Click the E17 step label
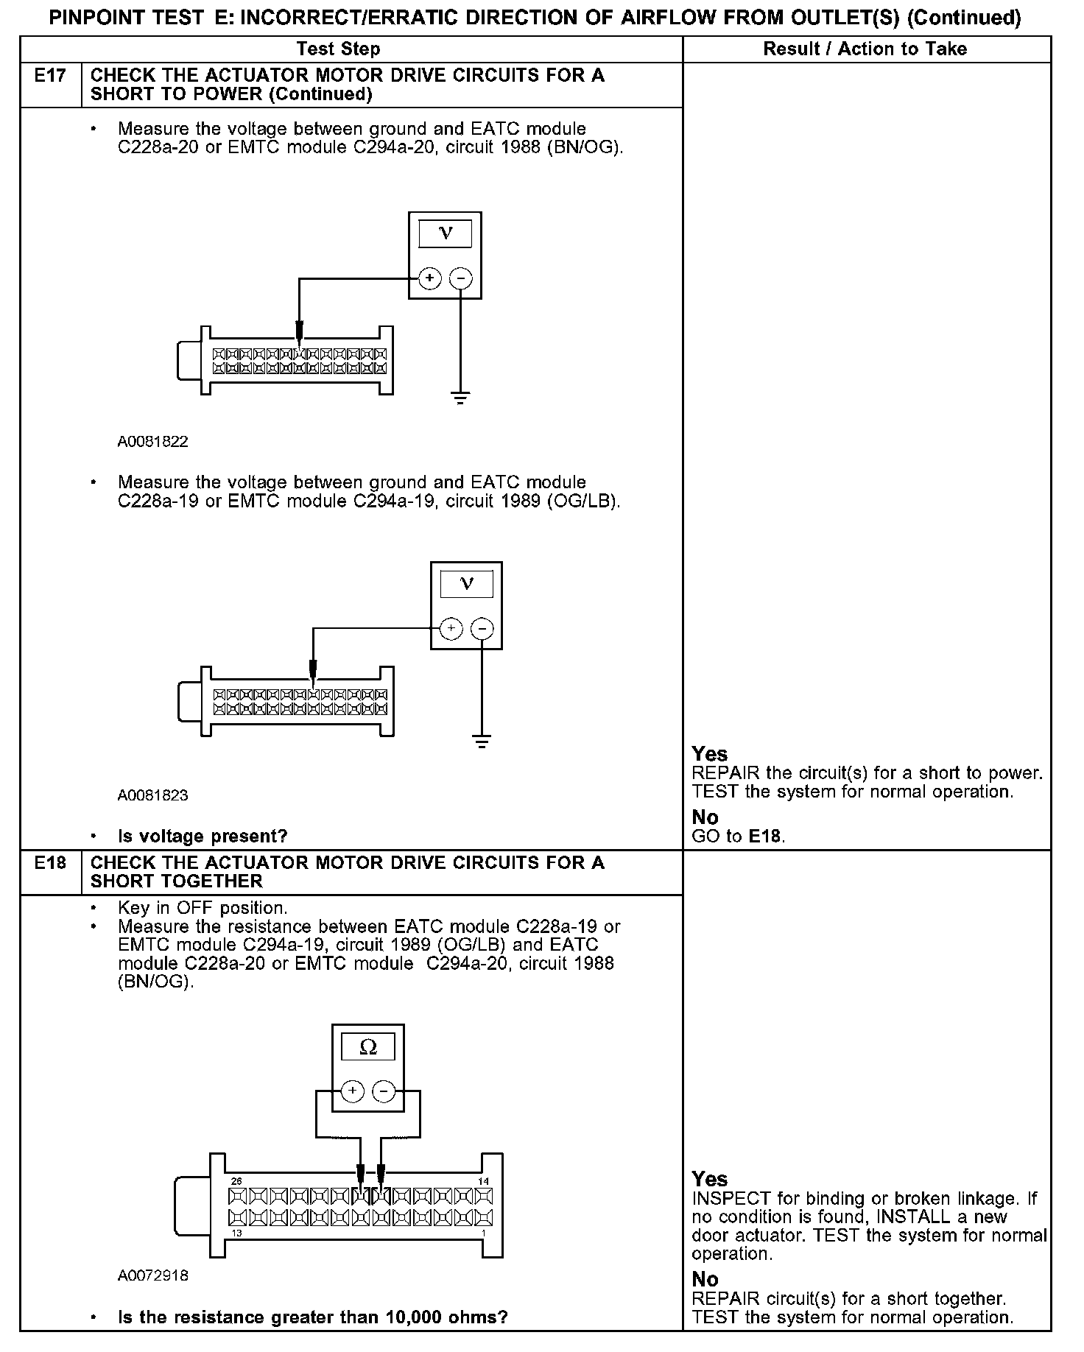pyautogui.click(x=50, y=76)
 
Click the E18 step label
pyautogui.click(x=50, y=863)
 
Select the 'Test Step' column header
pyautogui.click(x=338, y=49)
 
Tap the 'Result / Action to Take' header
pyautogui.click(x=865, y=49)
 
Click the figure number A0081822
pyautogui.click(x=152, y=442)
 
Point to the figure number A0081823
pyautogui.click(x=152, y=795)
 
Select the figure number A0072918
pyautogui.click(x=153, y=1276)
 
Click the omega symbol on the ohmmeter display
pyautogui.click(x=368, y=1048)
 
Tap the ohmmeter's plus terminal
pyautogui.click(x=353, y=1091)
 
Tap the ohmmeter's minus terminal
pyautogui.click(x=384, y=1091)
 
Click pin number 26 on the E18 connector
pyautogui.click(x=236, y=1181)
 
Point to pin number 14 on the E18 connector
pyautogui.click(x=483, y=1181)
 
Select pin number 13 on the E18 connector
pyautogui.click(x=236, y=1233)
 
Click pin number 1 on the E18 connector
pyautogui.click(x=483, y=1233)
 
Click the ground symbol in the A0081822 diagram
pyautogui.click(x=460, y=399)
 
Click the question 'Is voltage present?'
pyautogui.click(x=203, y=837)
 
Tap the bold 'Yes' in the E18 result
pyautogui.click(x=709, y=1179)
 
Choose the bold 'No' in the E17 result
pyautogui.click(x=705, y=817)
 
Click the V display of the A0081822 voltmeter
pyautogui.click(x=446, y=233)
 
